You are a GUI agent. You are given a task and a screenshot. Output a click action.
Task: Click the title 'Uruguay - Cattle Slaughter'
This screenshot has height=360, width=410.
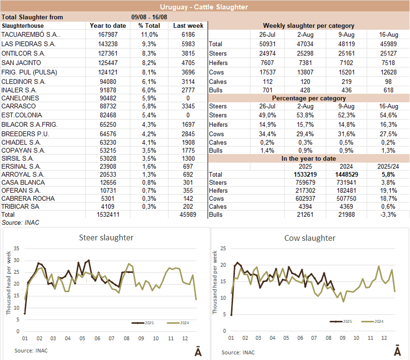pyautogui.click(x=204, y=7)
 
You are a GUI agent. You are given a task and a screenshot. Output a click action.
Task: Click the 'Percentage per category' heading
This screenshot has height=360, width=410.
pyautogui.click(x=308, y=98)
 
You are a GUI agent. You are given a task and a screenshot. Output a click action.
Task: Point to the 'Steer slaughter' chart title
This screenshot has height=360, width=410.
pyautogui.click(x=106, y=237)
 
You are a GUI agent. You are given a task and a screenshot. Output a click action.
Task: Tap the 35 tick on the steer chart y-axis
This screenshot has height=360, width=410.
pyautogui.click(x=16, y=248)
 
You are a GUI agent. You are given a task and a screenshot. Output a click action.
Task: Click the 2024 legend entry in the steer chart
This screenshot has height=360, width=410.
pyautogui.click(x=181, y=323)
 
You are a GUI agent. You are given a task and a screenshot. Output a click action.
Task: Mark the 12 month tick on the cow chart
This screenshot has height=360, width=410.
pyautogui.click(x=384, y=338)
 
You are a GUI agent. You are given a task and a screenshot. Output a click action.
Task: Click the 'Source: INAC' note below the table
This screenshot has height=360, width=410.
pyautogui.click(x=21, y=222)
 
